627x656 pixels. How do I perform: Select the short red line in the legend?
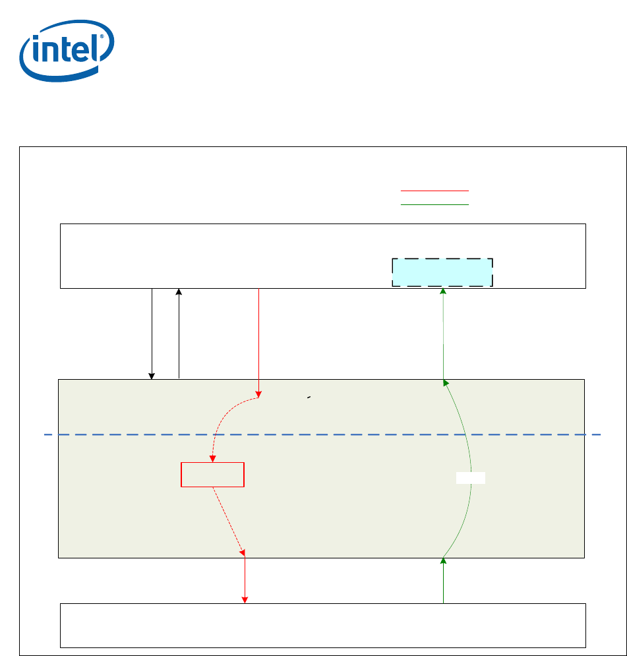434,191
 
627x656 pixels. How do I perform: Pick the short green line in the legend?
434,204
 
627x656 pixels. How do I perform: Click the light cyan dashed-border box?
442,272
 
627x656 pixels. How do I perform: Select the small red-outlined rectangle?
213,475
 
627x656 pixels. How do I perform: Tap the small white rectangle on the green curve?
471,478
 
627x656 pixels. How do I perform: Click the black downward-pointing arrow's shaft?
152,330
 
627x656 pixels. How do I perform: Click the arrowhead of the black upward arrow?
179,291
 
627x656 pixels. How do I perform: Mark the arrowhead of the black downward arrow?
152,376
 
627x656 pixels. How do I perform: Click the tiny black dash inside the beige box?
309,398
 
